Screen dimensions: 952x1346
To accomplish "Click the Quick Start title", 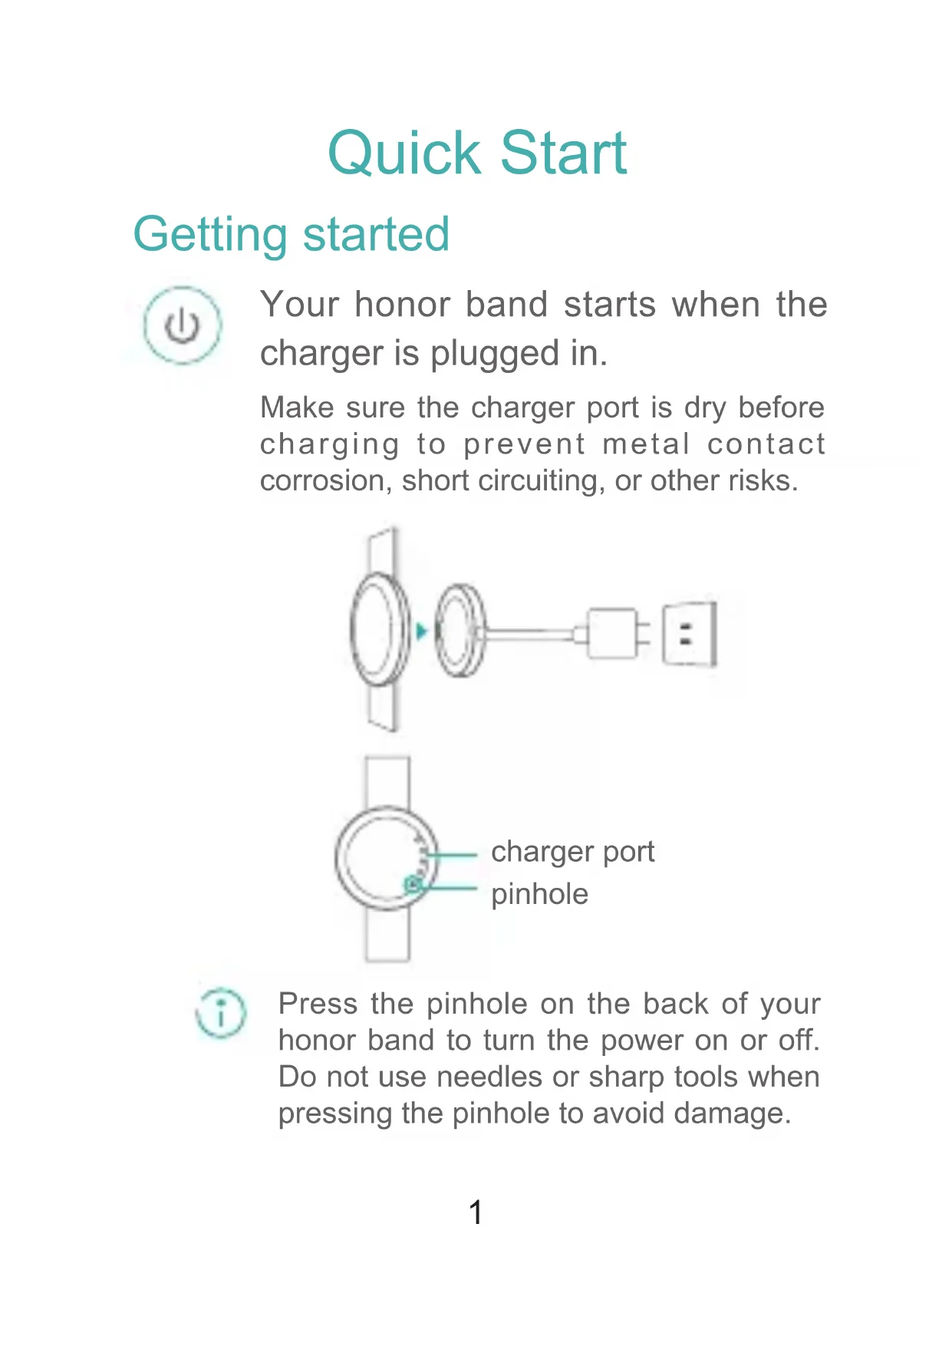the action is pos(476,153).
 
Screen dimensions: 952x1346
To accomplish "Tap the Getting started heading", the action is pos(291,234).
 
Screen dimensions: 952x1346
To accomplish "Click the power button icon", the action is pos(183,325).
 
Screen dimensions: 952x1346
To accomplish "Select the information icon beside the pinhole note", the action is pos(221,1012).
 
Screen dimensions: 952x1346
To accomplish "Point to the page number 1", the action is pos(476,1212).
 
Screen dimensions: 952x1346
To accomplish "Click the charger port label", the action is pos(572,852).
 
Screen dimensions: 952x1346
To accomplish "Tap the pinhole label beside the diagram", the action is pos(539,894).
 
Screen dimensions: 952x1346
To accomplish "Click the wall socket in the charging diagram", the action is pos(690,634).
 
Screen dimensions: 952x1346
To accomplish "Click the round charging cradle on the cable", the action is pos(460,631).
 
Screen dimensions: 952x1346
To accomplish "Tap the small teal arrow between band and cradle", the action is pos(421,632).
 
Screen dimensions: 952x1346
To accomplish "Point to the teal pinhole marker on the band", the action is pos(413,885).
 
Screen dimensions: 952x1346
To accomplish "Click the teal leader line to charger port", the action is pos(453,854).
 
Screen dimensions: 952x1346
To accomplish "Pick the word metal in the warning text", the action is pos(645,444).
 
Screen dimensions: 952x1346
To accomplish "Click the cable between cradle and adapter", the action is pos(529,634).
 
